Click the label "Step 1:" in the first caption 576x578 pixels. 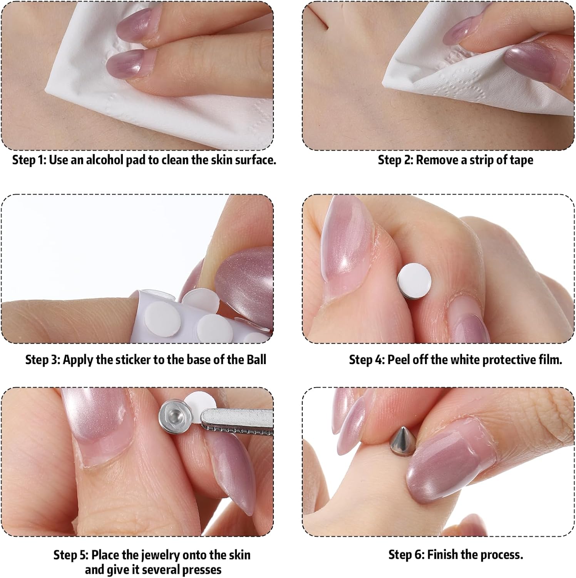point(29,160)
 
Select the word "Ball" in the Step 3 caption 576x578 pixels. point(256,360)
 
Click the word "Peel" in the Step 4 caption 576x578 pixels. point(399,360)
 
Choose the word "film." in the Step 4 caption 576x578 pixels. point(549,360)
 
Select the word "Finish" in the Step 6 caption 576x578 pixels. point(442,554)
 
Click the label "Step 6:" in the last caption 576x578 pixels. point(406,554)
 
